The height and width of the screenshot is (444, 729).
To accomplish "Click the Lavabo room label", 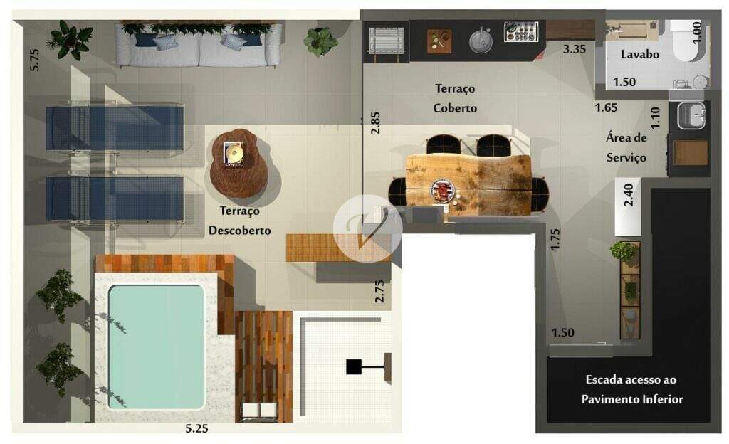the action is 640,54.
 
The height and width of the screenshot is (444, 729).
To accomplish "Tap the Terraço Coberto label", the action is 455,98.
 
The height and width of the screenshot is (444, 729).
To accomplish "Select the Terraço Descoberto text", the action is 239,221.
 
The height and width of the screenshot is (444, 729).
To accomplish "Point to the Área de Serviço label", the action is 626,147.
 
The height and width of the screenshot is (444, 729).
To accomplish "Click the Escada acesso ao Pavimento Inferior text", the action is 632,389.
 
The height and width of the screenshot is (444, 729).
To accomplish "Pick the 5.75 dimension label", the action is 34,60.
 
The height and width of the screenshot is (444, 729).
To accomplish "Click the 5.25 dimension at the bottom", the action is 196,428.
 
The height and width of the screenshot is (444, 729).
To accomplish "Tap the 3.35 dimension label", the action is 575,49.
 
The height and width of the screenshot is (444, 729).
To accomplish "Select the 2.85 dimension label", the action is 375,123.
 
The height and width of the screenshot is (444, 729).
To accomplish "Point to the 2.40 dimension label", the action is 628,195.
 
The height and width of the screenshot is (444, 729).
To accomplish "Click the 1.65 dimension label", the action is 607,107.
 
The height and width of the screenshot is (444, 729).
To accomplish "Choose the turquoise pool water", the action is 156,347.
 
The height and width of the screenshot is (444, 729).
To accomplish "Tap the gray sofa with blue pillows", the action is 199,46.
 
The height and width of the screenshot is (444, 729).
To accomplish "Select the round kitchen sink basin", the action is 481,41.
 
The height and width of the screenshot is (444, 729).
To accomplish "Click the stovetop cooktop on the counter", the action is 520,31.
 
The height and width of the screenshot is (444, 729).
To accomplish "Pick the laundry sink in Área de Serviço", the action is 691,115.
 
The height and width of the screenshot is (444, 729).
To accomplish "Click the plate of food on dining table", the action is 443,191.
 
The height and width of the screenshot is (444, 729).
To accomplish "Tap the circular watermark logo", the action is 367,228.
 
